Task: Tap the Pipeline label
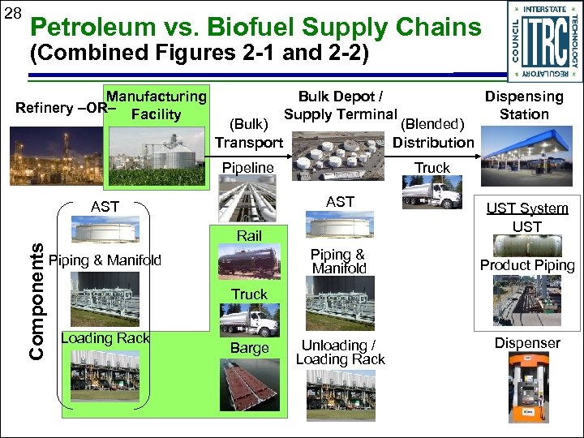[248, 168]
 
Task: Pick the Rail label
[249, 235]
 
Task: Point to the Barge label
[249, 348]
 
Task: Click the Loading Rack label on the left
[105, 337]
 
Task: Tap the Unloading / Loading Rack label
[340, 351]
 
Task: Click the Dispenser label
[527, 343]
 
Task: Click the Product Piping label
[527, 265]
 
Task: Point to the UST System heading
[527, 208]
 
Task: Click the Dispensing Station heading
[524, 105]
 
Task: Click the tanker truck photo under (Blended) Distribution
[432, 195]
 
